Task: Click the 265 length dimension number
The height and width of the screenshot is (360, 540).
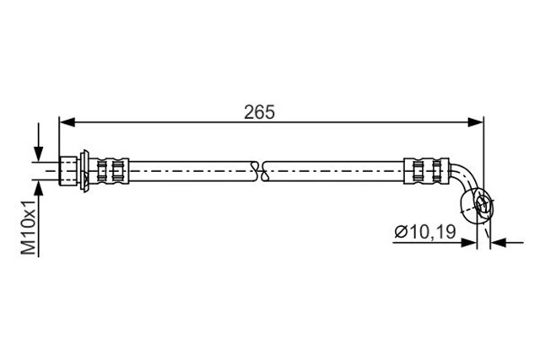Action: coord(261,111)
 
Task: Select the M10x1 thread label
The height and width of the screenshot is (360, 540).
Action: coord(30,226)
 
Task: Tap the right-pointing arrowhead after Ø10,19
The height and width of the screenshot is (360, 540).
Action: coord(468,243)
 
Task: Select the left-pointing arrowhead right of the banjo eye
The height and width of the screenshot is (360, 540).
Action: coord(497,243)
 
